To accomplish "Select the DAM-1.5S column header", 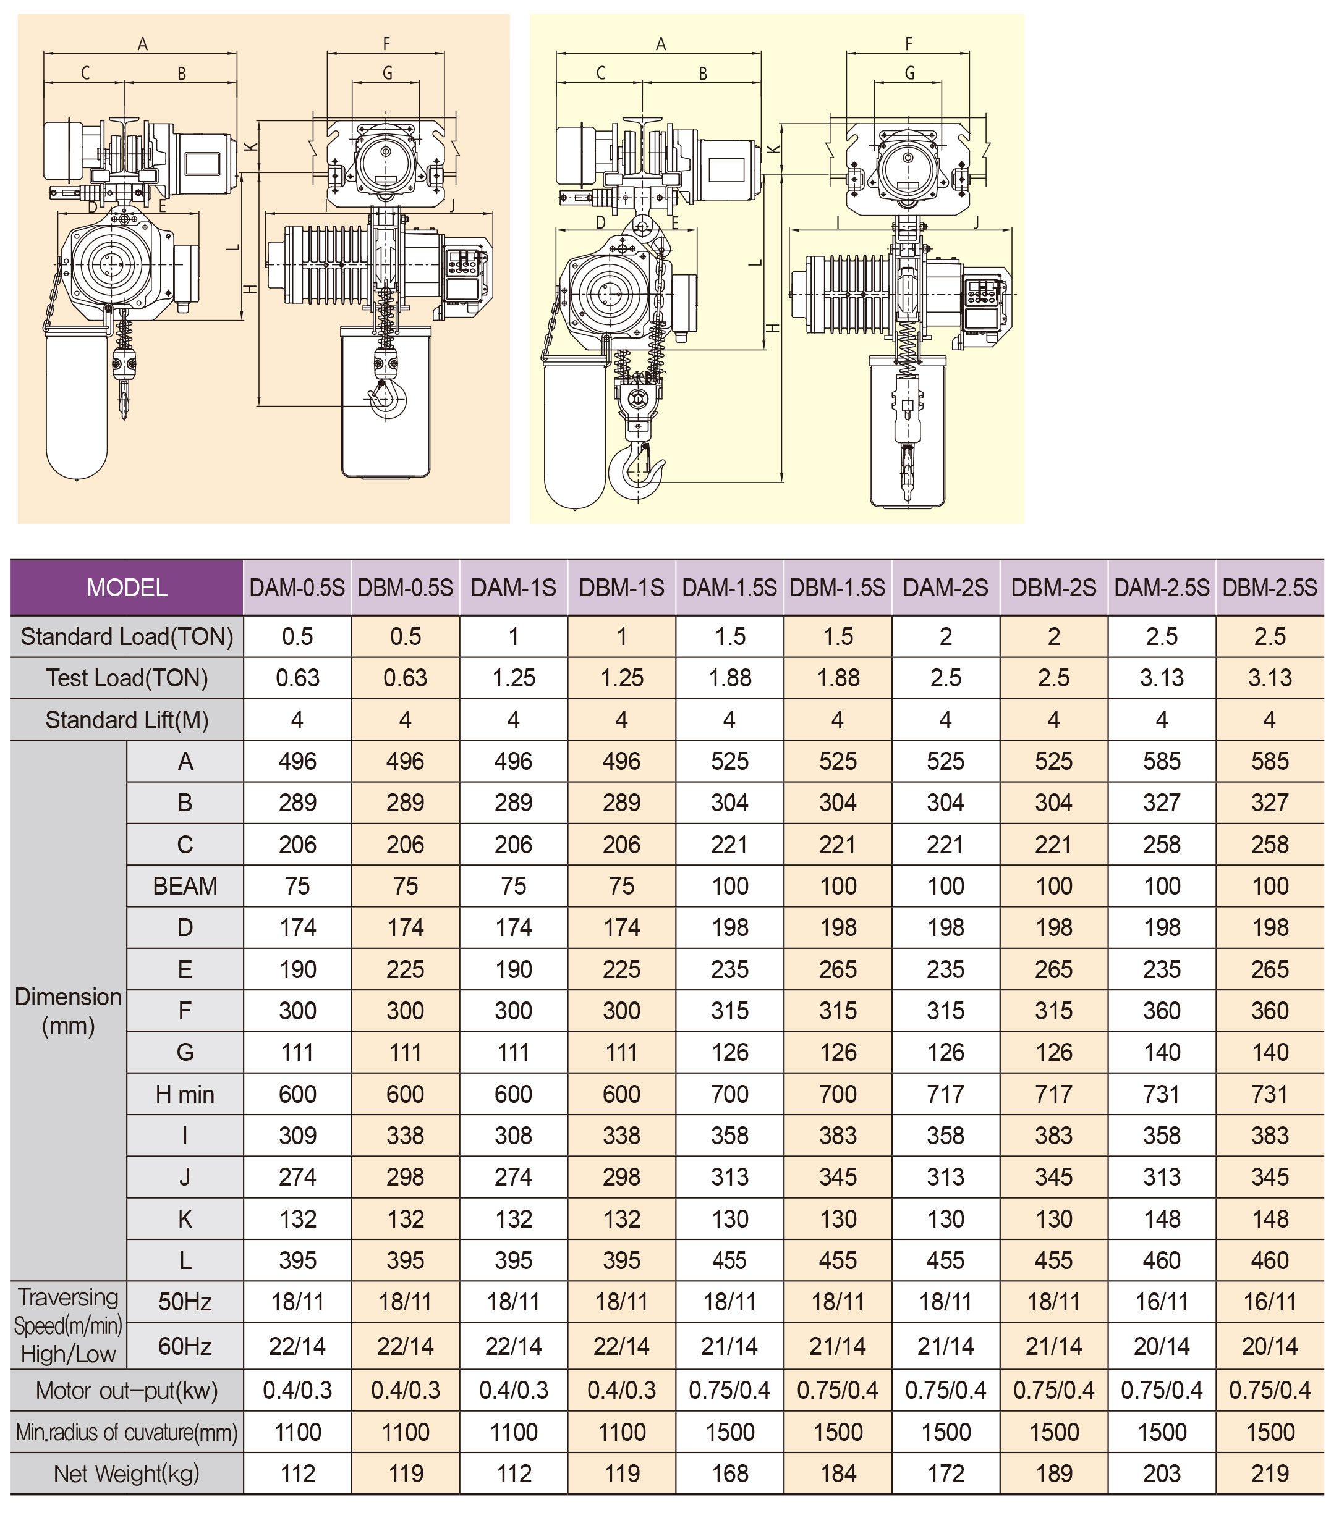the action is [x=729, y=588].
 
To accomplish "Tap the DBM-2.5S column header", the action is [x=1269, y=588].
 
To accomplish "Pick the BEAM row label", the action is [x=185, y=886].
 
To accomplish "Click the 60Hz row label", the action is [x=185, y=1346].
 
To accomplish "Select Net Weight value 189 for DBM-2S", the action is [x=1053, y=1474].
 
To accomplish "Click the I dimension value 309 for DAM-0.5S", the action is [x=297, y=1136].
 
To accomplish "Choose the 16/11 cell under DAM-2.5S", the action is [x=1162, y=1302].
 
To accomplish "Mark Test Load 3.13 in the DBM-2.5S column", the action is [x=1269, y=678].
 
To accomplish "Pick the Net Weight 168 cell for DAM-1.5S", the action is [x=729, y=1474].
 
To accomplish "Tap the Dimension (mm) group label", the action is [x=69, y=1011].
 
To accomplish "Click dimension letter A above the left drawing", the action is [x=143, y=44].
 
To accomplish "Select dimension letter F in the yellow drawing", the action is [x=908, y=44].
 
